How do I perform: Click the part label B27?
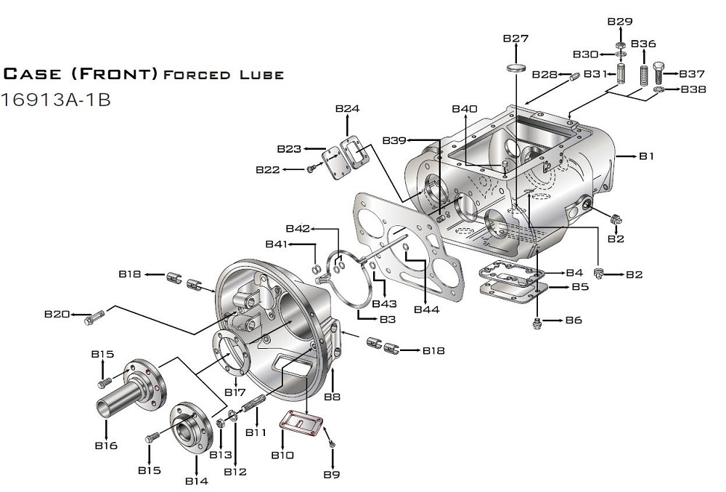click(515, 39)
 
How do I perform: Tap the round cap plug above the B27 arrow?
click(515, 68)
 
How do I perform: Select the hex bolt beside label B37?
click(659, 73)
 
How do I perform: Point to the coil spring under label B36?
click(643, 74)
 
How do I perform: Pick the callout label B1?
click(647, 156)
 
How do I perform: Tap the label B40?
click(465, 109)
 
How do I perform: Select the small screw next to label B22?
click(311, 169)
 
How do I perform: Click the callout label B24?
click(347, 109)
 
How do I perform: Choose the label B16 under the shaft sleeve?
click(106, 445)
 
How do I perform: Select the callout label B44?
click(427, 310)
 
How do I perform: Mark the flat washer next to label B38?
click(659, 89)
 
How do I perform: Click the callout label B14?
click(196, 481)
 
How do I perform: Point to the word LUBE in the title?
click(260, 75)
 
